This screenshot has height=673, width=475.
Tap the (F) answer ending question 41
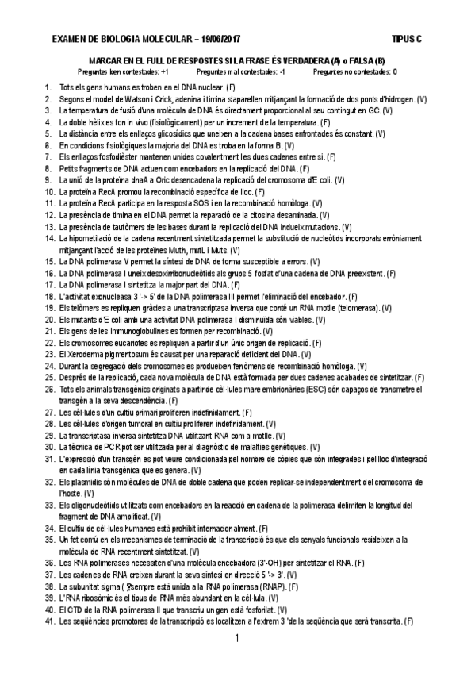[408, 621]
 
